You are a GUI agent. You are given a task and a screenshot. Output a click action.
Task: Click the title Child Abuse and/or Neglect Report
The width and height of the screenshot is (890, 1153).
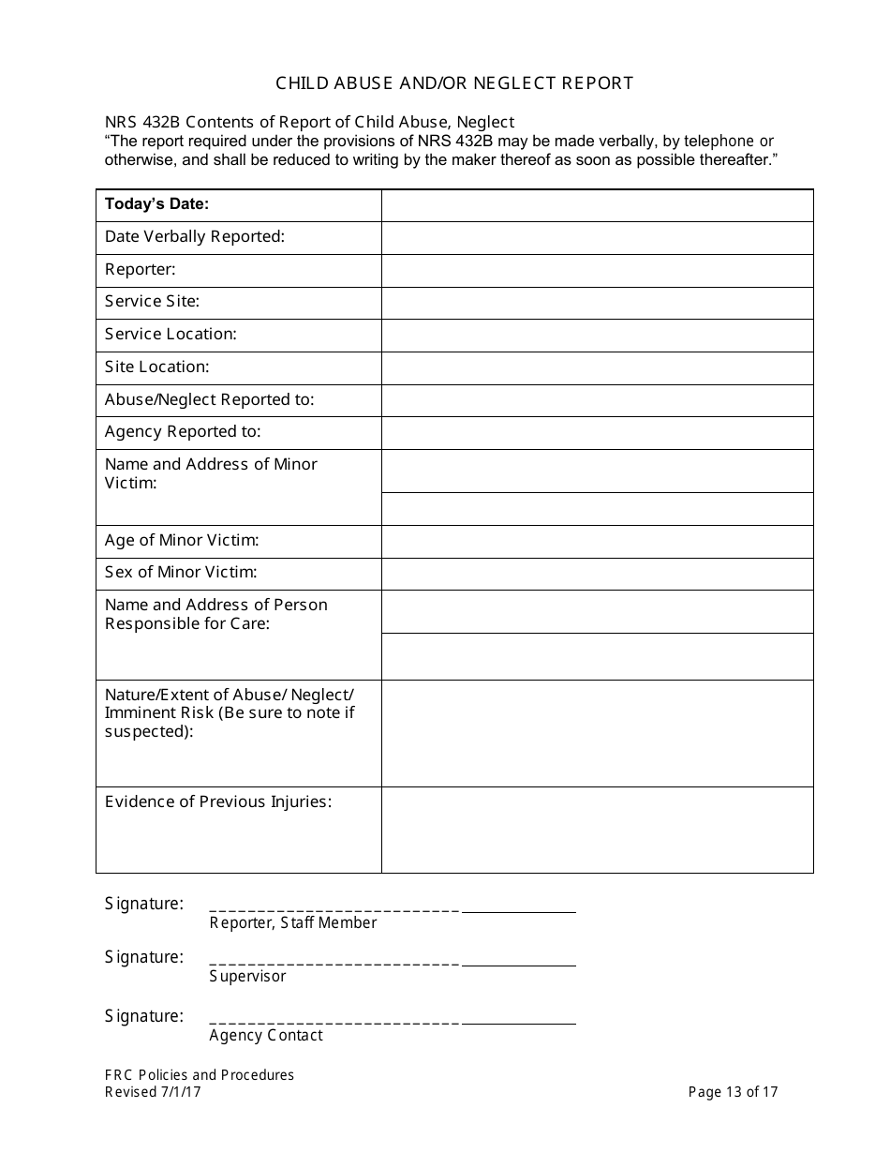click(x=454, y=83)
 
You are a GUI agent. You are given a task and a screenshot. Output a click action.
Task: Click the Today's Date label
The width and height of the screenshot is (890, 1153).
click(x=156, y=204)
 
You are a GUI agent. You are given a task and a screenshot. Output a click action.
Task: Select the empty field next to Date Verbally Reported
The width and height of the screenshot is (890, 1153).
click(x=597, y=237)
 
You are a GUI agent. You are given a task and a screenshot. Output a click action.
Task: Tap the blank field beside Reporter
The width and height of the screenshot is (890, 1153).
click(x=597, y=270)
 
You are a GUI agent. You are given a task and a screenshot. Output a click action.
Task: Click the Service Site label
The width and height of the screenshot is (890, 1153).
click(x=152, y=302)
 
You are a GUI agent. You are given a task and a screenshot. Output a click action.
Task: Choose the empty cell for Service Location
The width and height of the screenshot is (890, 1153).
click(x=597, y=335)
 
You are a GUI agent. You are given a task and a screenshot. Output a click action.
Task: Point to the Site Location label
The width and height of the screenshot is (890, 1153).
click(x=156, y=367)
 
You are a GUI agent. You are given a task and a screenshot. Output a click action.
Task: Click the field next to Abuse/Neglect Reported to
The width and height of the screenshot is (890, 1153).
click(x=597, y=400)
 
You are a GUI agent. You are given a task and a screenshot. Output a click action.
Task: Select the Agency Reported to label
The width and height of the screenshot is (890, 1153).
click(x=183, y=432)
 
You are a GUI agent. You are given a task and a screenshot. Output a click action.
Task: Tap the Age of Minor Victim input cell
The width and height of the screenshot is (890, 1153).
click(x=597, y=541)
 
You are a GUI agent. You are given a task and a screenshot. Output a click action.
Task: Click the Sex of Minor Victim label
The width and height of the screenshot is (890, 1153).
click(x=181, y=573)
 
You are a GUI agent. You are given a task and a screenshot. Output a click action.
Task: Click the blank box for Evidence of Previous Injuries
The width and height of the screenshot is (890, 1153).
click(x=597, y=830)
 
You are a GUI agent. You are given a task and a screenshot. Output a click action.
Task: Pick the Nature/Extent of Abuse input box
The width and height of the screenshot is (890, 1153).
click(x=597, y=733)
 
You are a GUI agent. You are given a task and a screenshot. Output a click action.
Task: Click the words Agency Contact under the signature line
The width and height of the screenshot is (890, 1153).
click(x=266, y=1036)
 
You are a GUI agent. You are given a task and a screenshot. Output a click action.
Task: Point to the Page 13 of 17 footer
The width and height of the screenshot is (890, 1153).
click(x=733, y=1092)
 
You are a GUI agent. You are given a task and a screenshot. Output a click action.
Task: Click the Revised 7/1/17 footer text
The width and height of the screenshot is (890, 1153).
click(x=152, y=1092)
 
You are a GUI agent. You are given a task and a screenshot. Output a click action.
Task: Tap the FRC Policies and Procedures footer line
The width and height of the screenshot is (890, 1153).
click(x=199, y=1075)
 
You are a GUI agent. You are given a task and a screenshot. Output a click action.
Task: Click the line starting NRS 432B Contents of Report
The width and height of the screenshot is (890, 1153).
click(x=309, y=123)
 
